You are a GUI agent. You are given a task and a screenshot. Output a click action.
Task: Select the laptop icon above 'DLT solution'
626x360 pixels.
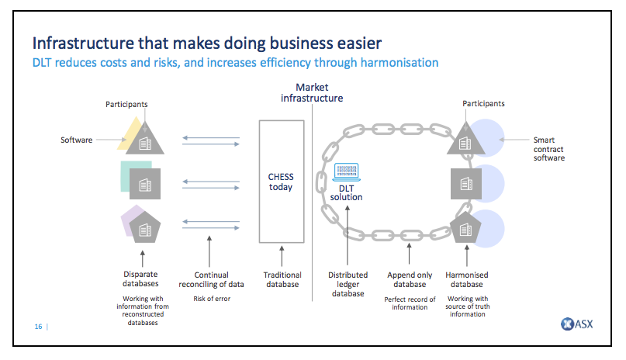(345, 172)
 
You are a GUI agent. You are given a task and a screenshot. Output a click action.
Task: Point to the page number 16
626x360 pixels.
(38, 327)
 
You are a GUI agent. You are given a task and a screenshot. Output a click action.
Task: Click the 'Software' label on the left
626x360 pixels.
(77, 140)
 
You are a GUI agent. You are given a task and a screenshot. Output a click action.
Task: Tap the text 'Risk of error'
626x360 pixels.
(212, 299)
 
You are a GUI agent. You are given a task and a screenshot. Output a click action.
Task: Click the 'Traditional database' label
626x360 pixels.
(281, 279)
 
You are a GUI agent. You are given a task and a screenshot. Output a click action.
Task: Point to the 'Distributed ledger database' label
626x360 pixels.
(348, 283)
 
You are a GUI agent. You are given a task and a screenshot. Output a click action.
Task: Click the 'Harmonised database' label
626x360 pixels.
(467, 279)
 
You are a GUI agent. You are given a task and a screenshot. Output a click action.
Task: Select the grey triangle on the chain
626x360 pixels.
(465, 140)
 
